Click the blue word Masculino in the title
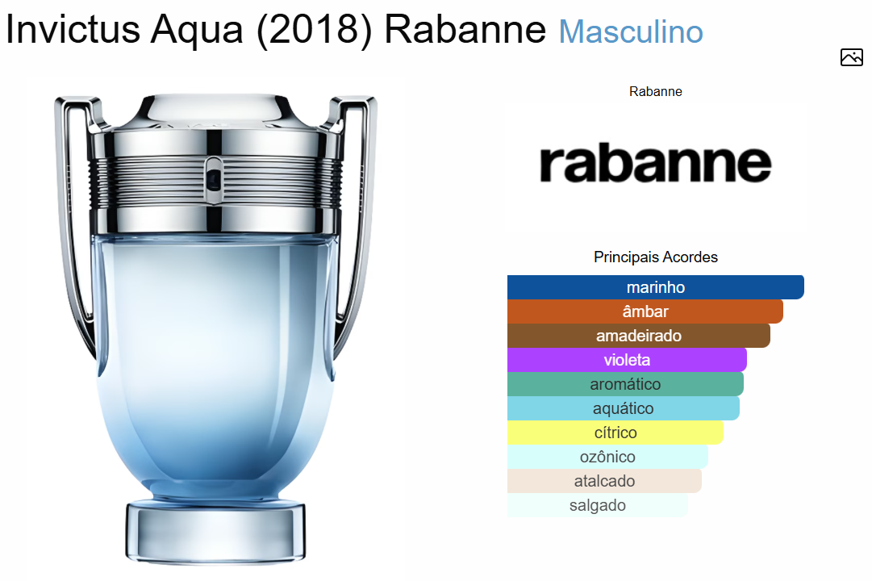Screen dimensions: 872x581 (631, 31)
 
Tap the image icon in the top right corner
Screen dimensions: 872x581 (851, 57)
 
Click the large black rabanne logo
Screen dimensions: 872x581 (656, 164)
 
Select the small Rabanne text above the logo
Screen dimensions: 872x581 (656, 91)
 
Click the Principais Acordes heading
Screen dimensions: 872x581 (656, 257)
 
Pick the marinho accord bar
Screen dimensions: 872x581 (656, 287)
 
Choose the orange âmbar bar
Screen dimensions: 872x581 (645, 311)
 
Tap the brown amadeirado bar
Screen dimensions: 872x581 (638, 336)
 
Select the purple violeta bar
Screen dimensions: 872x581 (627, 360)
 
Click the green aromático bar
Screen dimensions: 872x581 (625, 384)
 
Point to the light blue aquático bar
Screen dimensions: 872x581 (624, 408)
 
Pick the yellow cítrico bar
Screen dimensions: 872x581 (615, 433)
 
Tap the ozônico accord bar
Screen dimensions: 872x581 (607, 457)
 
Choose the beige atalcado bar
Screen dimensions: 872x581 (604, 481)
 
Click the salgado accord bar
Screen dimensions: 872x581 (597, 505)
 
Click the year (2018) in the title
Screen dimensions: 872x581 (314, 30)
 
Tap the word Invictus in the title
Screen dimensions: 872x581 (73, 29)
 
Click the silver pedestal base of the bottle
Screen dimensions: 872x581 (215, 532)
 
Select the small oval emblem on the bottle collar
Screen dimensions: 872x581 (214, 179)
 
